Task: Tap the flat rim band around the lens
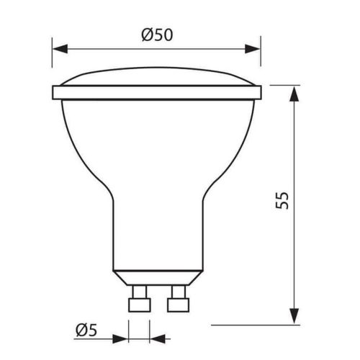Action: pos(156,93)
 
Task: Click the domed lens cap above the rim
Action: pos(156,78)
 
